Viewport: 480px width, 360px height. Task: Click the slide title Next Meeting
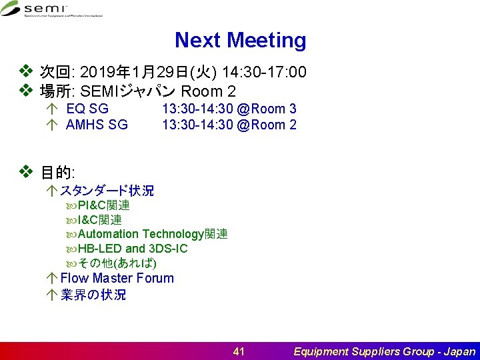[x=240, y=41]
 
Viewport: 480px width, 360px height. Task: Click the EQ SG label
[x=87, y=109]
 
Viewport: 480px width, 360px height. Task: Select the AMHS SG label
[x=97, y=125]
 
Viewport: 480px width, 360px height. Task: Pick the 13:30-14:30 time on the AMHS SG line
[x=193, y=125]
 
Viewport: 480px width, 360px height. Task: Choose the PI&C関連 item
[x=103, y=205]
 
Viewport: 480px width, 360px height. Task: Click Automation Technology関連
[x=152, y=234]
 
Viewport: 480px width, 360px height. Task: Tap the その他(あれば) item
[x=117, y=263]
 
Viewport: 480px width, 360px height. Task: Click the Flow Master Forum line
[x=117, y=278]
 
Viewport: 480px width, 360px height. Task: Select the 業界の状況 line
[x=93, y=295]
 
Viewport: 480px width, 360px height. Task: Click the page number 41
[x=239, y=351]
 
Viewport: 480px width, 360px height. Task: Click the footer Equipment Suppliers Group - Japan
[x=385, y=351]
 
